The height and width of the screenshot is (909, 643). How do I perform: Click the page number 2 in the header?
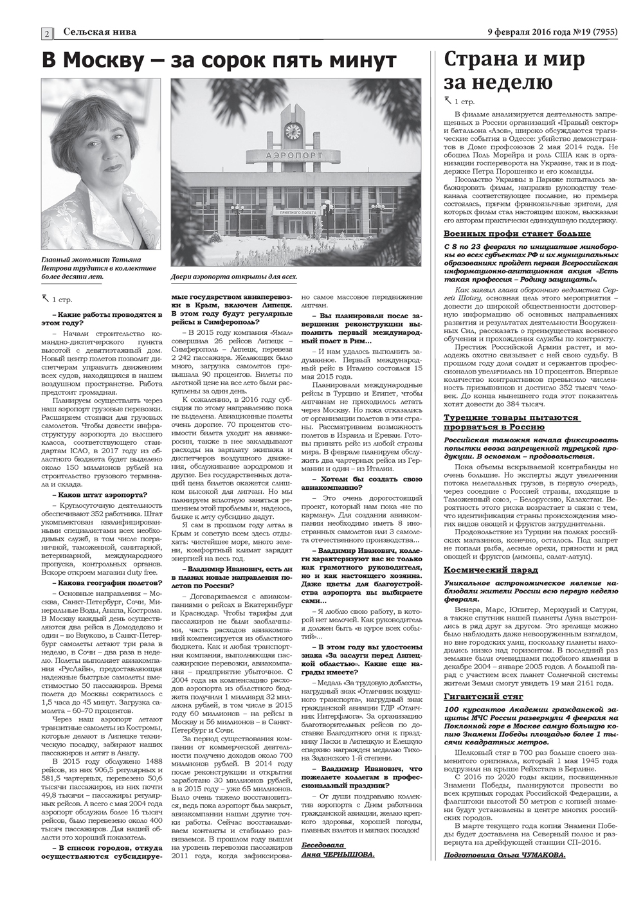[48, 33]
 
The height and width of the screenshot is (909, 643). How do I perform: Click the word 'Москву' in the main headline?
[109, 62]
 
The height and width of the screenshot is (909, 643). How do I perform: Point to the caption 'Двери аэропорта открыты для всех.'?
[235, 278]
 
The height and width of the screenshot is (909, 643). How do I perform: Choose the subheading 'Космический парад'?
[482, 570]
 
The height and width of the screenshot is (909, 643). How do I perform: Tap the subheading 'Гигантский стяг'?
[480, 696]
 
